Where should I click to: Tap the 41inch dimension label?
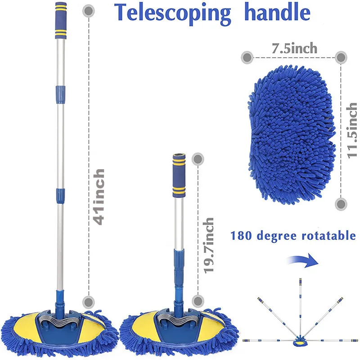click(100, 197)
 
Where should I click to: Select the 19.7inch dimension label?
click(208, 246)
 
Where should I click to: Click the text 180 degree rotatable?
click(293, 235)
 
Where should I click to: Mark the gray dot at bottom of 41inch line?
click(89, 301)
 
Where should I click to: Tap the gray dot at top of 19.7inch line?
click(197, 158)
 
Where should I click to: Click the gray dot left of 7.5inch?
click(247, 57)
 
